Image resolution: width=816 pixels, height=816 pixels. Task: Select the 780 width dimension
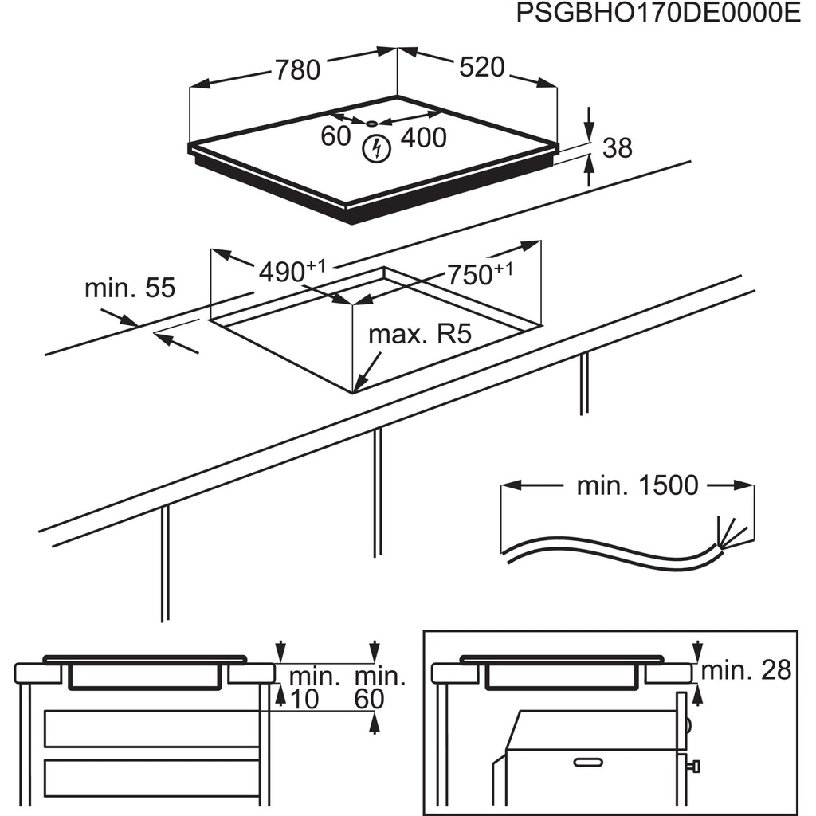pyautogui.click(x=297, y=70)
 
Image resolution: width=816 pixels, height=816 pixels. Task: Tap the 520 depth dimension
pyautogui.click(x=482, y=68)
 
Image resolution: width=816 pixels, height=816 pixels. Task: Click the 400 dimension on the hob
pyautogui.click(x=422, y=137)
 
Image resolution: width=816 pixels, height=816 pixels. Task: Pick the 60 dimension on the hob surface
pyautogui.click(x=335, y=136)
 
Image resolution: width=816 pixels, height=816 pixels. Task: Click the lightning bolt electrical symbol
pyautogui.click(x=375, y=147)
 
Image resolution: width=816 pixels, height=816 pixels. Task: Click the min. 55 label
pyautogui.click(x=129, y=288)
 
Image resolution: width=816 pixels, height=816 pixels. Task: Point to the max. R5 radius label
pyautogui.click(x=420, y=334)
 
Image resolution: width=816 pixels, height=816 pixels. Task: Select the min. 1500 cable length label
pyautogui.click(x=637, y=484)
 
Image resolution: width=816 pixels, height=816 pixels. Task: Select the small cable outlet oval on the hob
pyautogui.click(x=372, y=124)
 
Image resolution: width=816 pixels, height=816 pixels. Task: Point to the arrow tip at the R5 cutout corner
pyautogui.click(x=356, y=390)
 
